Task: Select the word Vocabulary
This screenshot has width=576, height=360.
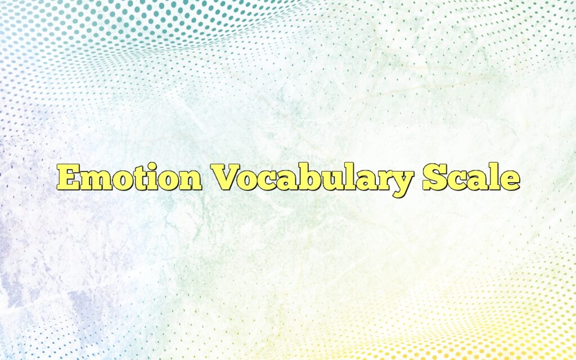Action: pos(312,179)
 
